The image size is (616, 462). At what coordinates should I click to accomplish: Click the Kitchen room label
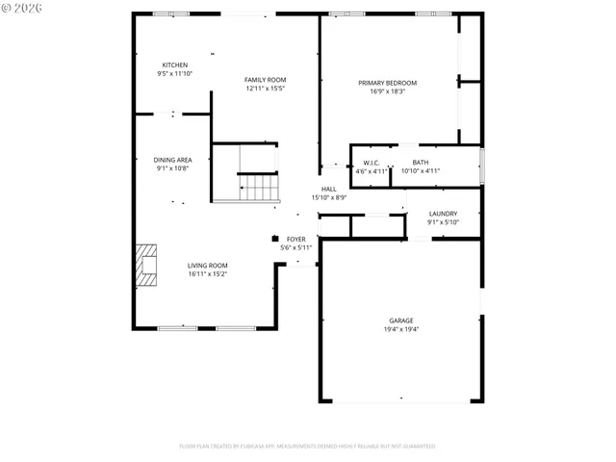tap(174, 64)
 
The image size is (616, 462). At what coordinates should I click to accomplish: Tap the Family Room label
tap(265, 80)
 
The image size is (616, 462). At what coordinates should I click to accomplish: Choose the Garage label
tap(400, 320)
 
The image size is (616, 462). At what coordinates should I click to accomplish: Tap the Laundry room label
tap(443, 214)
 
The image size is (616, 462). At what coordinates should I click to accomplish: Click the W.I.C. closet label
tap(371, 163)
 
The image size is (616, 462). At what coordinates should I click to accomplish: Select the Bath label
tap(421, 163)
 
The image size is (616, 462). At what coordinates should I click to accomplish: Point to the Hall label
tap(328, 189)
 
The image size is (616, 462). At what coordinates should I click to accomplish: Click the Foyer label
tap(295, 239)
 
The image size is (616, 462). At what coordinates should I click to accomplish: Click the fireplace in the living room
tap(146, 266)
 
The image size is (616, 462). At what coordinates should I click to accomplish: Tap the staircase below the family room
tap(258, 186)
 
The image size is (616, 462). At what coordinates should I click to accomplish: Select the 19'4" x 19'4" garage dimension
tap(400, 329)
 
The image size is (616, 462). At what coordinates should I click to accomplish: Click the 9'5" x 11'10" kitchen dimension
tap(174, 73)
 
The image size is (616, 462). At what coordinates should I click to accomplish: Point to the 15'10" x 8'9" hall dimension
tap(328, 197)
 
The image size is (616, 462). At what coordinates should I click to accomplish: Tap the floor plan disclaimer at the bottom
tap(307, 447)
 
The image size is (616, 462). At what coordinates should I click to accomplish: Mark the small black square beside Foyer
tap(275, 238)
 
